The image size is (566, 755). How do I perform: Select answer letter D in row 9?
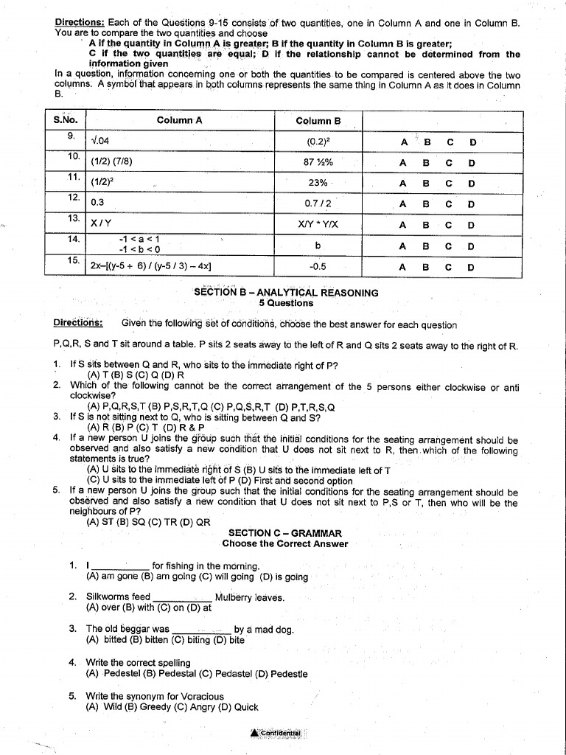(472, 142)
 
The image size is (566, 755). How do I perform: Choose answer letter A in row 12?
(403, 204)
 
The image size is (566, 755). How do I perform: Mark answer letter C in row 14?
(449, 246)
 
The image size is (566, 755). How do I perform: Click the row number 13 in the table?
(72, 218)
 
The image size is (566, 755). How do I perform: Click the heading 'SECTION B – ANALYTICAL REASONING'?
(286, 293)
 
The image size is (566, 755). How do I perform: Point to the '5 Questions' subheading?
(286, 303)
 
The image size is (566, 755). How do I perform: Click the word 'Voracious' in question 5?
(200, 696)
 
